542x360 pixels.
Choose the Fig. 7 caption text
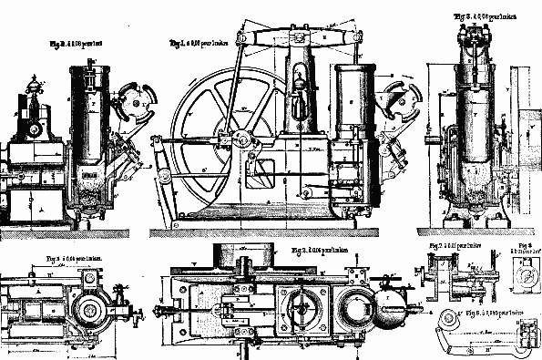pyautogui.click(x=449, y=246)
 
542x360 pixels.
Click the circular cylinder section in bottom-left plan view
pyautogui.click(x=92, y=309)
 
